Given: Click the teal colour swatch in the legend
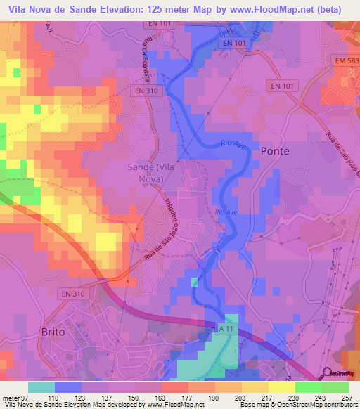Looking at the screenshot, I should pos(41,387).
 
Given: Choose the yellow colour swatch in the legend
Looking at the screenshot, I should pos(282,387).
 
